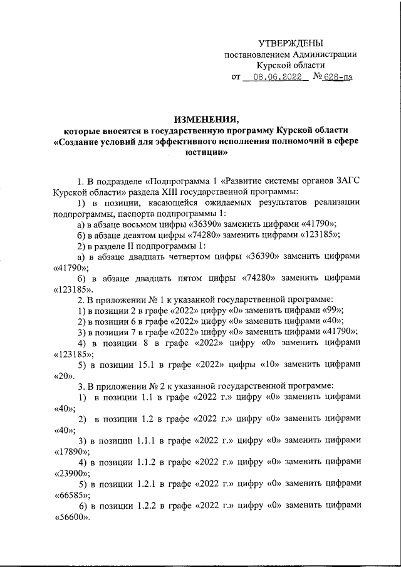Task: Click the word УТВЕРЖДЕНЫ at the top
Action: (291, 43)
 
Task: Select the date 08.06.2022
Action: (274, 78)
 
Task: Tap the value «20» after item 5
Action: (60, 375)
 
